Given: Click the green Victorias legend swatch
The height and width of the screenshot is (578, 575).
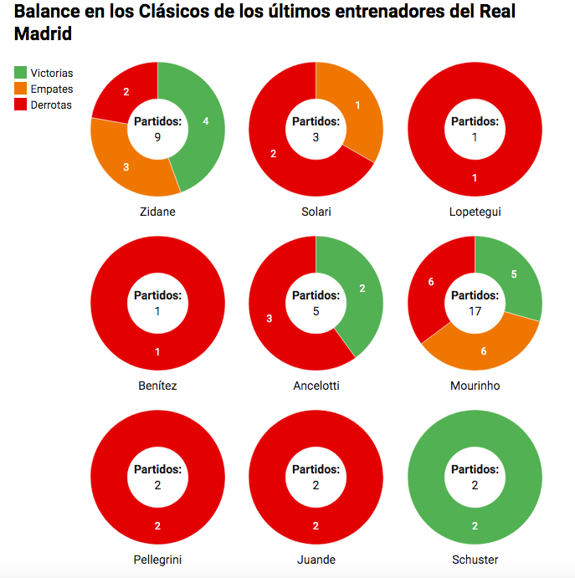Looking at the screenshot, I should coord(21,74).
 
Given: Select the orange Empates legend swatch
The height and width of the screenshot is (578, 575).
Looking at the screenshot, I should coord(21,89).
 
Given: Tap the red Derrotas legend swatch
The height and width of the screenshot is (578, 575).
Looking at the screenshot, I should coord(21,105).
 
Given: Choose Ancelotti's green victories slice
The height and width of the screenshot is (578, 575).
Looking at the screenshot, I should coord(361,289).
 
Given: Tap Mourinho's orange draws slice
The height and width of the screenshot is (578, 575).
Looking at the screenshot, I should coord(483,350).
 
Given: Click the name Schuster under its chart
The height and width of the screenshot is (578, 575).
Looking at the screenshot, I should coord(475,560).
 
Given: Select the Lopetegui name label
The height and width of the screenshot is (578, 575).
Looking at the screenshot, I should coord(475,212).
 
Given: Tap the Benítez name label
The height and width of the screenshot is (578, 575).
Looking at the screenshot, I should coord(157,386).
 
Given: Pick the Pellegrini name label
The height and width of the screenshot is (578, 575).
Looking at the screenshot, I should coord(157,560).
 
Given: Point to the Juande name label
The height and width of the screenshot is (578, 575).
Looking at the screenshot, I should coord(316,560).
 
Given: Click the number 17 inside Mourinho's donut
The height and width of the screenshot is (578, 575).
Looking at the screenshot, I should coord(475,311).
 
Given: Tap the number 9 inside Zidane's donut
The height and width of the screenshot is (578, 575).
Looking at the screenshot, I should coord(157,137).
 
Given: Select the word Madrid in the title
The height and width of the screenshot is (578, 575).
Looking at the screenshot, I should coord(43,34).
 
